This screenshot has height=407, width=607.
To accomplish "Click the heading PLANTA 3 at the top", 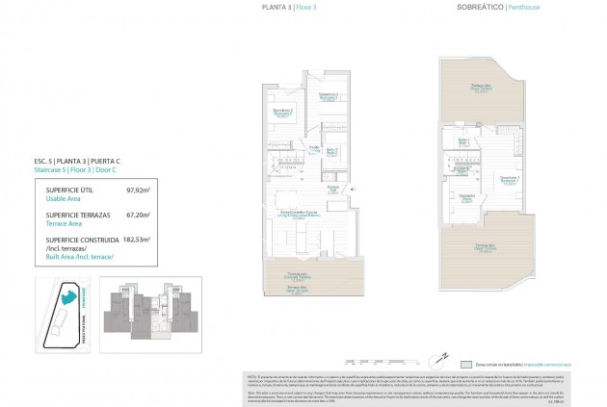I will click(x=277, y=8).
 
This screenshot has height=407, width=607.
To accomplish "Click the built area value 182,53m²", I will click(x=136, y=239).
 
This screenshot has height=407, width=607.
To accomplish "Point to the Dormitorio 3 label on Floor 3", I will click(x=329, y=94).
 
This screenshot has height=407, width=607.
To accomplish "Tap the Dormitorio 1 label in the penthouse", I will click(x=509, y=178).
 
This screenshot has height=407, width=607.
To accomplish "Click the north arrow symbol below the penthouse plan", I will click(x=434, y=354).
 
